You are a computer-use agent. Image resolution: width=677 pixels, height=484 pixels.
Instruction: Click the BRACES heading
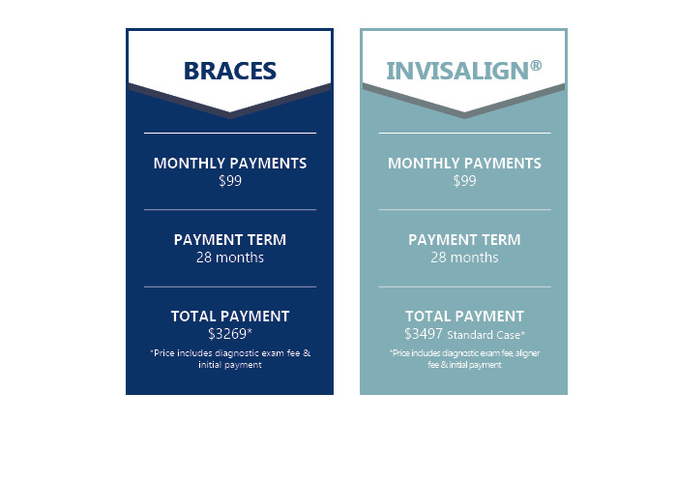point(230,71)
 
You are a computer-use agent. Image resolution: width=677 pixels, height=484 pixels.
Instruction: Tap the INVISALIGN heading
point(457,71)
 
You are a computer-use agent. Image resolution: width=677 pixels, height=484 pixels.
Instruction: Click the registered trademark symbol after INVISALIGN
point(536,65)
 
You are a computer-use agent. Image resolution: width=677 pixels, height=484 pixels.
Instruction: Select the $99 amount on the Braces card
point(230,181)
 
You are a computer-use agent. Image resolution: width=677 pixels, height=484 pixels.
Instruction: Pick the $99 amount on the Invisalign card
point(464,181)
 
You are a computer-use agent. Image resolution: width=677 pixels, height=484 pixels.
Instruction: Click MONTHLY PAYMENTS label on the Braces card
point(230,164)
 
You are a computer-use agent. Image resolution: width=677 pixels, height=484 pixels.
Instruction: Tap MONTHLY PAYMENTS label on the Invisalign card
point(464,164)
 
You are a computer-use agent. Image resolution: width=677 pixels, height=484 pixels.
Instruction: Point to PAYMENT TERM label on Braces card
point(230,240)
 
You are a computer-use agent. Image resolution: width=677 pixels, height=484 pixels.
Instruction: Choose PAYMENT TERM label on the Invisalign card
point(464,240)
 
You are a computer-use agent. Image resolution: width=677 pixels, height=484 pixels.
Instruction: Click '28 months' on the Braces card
point(230,257)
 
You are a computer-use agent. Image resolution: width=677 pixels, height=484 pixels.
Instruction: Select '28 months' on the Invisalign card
point(464,257)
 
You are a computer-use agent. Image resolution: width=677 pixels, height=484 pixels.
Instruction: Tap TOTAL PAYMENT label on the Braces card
point(230,317)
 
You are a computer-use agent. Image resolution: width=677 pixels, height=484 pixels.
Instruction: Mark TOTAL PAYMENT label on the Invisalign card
point(464,317)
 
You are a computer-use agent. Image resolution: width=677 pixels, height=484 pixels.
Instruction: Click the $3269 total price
point(227,334)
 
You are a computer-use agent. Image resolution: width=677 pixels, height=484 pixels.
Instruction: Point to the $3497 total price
point(424,334)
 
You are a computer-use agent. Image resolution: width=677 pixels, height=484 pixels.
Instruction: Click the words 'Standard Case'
point(484,335)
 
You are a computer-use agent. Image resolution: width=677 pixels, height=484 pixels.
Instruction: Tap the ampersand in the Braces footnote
point(307,353)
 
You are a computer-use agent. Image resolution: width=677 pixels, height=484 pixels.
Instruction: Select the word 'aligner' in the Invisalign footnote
point(527,353)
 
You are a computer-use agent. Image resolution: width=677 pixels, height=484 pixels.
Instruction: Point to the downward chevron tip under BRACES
point(230,118)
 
